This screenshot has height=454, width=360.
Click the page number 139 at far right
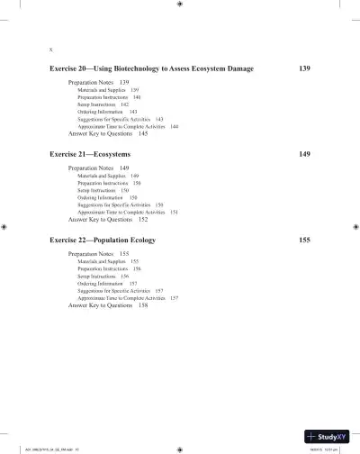click(304, 68)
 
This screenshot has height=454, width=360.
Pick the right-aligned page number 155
click(304, 241)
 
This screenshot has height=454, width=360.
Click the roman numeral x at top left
click(52, 50)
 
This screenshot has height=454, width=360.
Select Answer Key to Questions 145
click(108, 133)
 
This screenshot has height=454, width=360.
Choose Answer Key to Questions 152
click(108, 219)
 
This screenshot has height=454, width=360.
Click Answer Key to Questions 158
click(108, 305)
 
